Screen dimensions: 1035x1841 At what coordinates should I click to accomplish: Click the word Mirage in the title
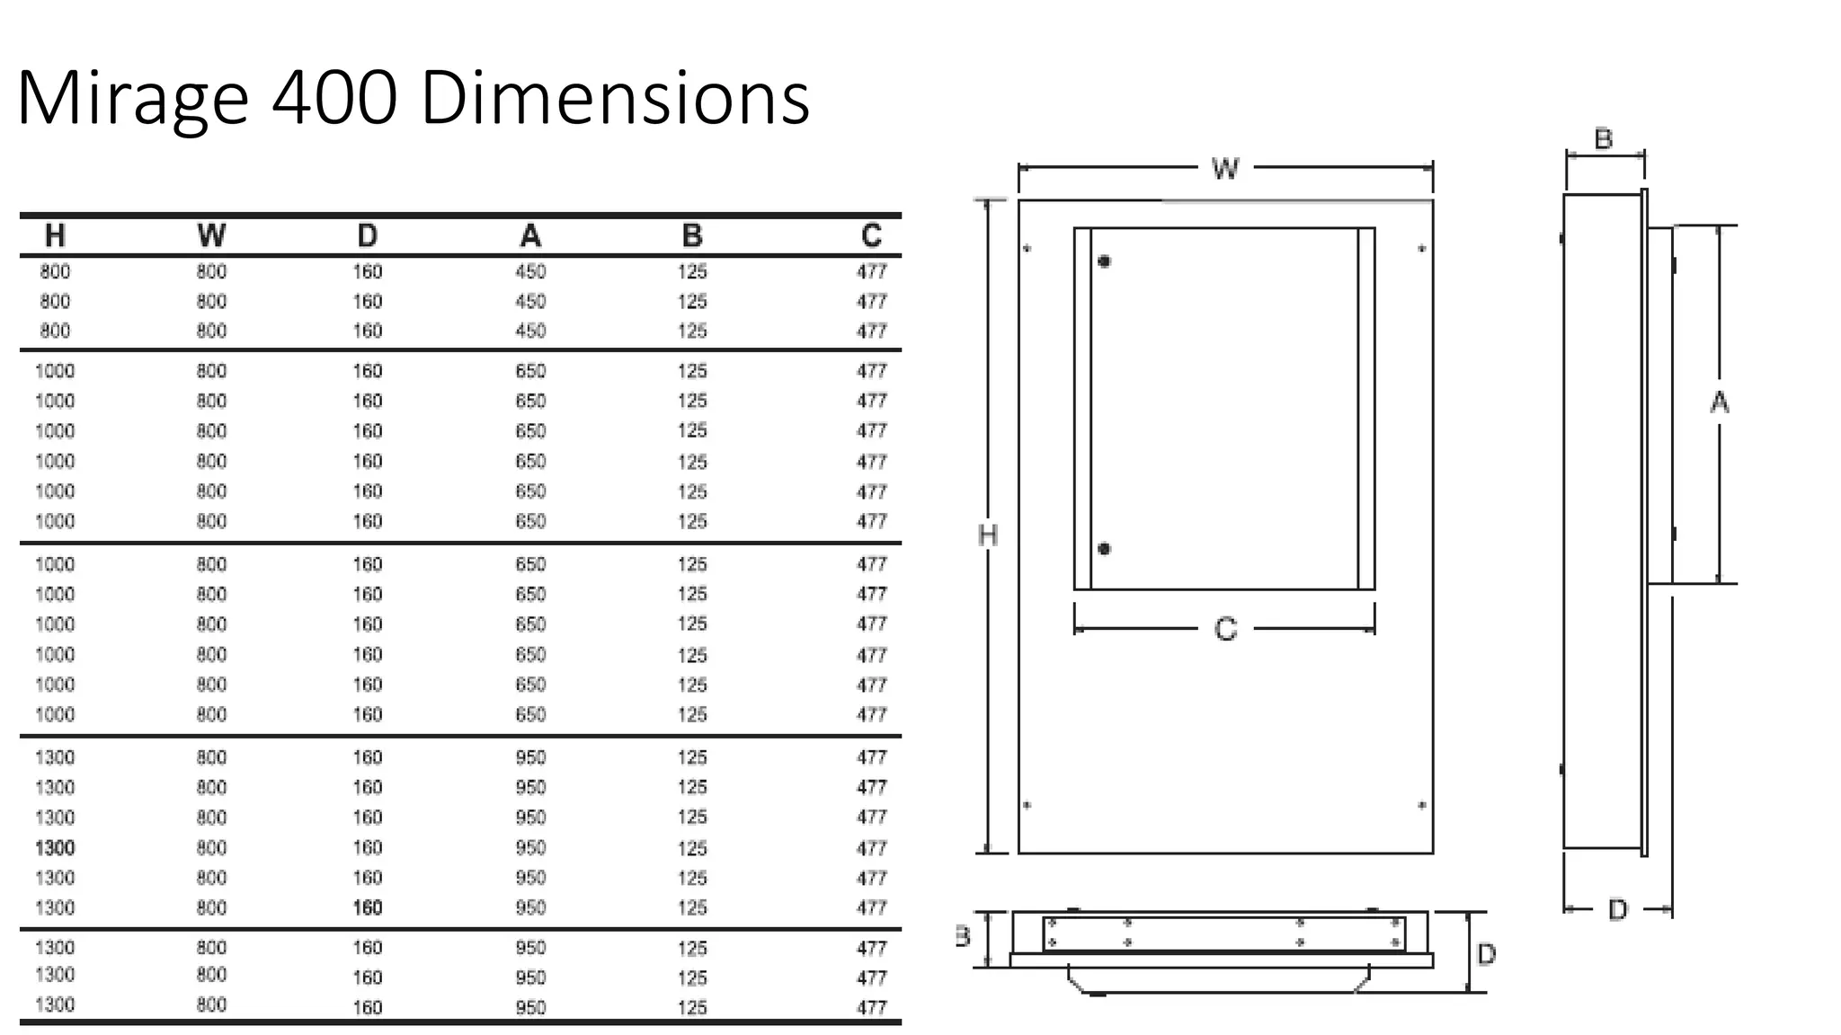tap(132, 99)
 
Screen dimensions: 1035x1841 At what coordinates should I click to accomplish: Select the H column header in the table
tap(55, 235)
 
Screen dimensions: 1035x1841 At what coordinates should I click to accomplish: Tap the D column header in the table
tap(367, 235)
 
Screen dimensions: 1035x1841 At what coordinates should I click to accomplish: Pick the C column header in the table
tap(870, 235)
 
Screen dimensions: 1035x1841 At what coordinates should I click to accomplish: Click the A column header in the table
tap(530, 235)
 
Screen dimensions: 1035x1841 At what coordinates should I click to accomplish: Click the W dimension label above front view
tap(1224, 168)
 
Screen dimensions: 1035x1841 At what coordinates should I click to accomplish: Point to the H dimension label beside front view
tap(987, 535)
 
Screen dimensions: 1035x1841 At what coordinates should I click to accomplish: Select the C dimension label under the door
tap(1225, 629)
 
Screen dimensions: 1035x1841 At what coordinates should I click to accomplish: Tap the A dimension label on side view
tap(1719, 402)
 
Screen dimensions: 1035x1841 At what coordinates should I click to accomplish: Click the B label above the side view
tap(1603, 139)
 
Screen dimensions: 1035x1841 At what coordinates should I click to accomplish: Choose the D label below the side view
tap(1617, 910)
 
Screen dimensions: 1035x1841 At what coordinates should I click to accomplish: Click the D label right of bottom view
tap(1486, 954)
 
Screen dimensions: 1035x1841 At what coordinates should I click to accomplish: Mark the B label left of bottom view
tap(963, 937)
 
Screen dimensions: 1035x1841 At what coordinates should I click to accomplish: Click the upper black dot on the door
tap(1104, 261)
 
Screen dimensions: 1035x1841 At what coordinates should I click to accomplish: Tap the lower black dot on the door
tap(1104, 549)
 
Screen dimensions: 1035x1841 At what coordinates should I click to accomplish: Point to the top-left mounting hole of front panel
tap(1027, 248)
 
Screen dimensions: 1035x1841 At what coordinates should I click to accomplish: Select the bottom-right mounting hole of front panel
tap(1421, 805)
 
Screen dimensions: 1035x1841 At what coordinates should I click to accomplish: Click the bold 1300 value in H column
tap(55, 847)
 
